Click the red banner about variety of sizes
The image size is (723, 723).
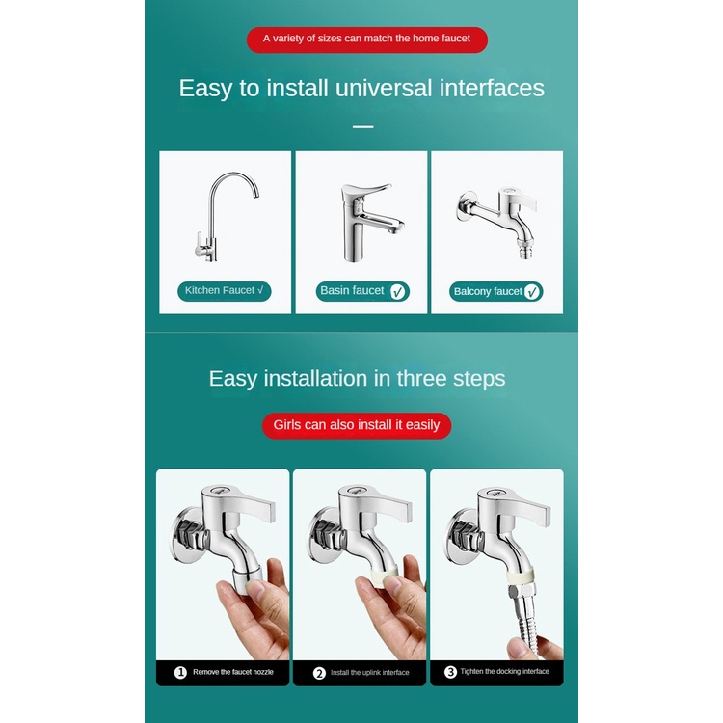pyautogui.click(x=367, y=40)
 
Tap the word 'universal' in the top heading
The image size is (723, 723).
pyautogui.click(x=384, y=88)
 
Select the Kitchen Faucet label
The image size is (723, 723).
pyautogui.click(x=224, y=291)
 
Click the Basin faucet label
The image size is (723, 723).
pyautogui.click(x=362, y=291)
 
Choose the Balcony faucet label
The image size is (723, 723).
pyautogui.click(x=496, y=291)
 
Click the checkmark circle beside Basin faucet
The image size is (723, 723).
pyautogui.click(x=397, y=292)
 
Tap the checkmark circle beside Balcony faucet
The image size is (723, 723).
pyautogui.click(x=531, y=292)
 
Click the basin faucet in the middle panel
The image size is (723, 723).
pyautogui.click(x=369, y=223)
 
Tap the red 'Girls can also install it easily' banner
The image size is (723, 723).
pyautogui.click(x=357, y=425)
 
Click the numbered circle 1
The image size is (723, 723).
pyautogui.click(x=180, y=672)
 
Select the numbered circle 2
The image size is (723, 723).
pyautogui.click(x=319, y=673)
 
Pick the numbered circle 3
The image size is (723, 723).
pyautogui.click(x=450, y=672)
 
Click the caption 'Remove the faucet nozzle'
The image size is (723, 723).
pyautogui.click(x=233, y=672)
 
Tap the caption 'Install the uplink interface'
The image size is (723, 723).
pyautogui.click(x=370, y=673)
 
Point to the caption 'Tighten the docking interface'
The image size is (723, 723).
pyautogui.click(x=504, y=671)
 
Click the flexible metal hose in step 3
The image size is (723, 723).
pyautogui.click(x=525, y=623)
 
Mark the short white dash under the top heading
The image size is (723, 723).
pyautogui.click(x=362, y=126)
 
